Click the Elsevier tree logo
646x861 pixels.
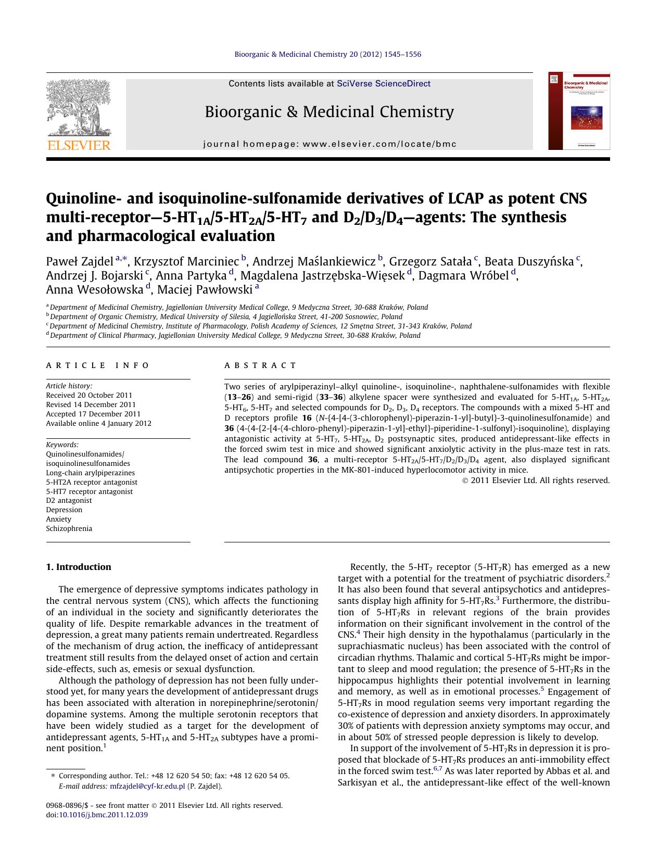coord(79,108)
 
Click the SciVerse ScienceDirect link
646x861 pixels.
coord(383,83)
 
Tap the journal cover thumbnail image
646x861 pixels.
coord(578,111)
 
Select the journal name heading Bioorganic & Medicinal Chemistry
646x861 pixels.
coord(329,111)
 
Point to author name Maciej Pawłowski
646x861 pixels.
coord(205,290)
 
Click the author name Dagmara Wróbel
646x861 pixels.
coord(463,276)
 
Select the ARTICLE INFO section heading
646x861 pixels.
coord(98,365)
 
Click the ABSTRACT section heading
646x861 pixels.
coord(260,365)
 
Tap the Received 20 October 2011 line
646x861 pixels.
coord(89,395)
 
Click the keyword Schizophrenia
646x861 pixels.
coord(69,528)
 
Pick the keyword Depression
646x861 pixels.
coord(64,510)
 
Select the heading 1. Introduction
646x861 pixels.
coord(79,567)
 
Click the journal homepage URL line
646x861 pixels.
coord(329,144)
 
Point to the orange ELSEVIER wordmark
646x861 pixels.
coord(79,145)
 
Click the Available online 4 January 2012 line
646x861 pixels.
coord(98,423)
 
